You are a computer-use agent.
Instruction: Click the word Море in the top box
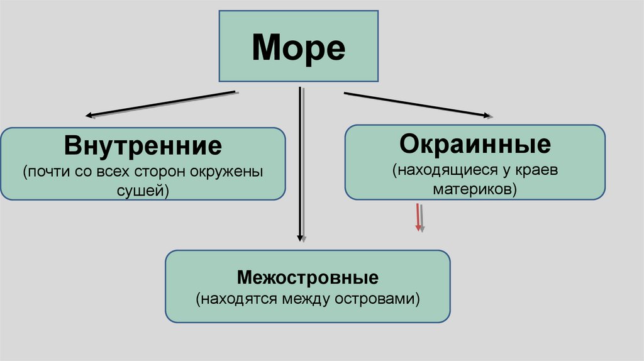(298, 47)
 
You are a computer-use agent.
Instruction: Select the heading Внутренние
(143, 147)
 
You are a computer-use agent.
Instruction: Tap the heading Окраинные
(475, 143)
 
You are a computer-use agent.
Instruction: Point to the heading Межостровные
(308, 277)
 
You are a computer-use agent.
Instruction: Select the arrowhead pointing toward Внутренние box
(90, 116)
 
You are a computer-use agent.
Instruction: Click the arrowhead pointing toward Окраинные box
(488, 115)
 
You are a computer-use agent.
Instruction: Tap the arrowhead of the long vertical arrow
(301, 238)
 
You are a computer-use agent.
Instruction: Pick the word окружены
(233, 172)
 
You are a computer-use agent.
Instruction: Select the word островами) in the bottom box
(384, 299)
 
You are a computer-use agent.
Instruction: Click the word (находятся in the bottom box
(236, 299)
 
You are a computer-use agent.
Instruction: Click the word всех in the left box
(119, 172)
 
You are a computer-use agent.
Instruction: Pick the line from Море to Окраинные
(415, 104)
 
